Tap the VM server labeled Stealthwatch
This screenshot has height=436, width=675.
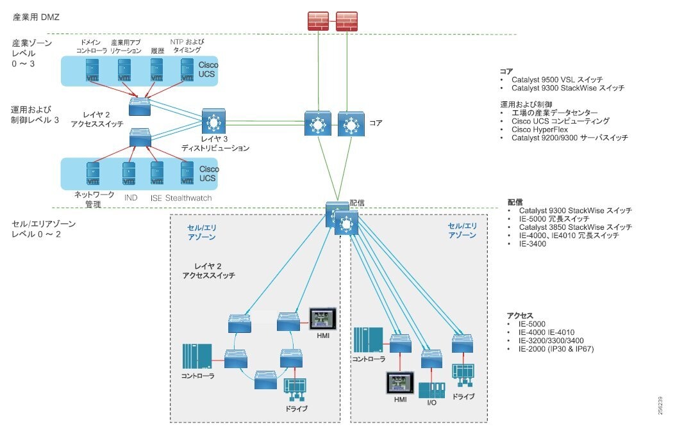187,174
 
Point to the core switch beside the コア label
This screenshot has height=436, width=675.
350,124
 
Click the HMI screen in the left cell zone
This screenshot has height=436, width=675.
319,318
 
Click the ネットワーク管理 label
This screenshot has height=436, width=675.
94,198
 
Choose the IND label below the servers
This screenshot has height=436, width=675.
131,198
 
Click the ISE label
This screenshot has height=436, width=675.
156,198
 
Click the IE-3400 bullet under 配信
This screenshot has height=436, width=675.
532,244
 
